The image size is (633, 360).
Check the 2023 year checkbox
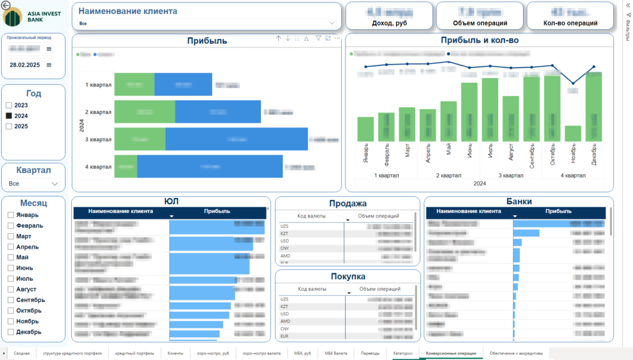click(9, 105)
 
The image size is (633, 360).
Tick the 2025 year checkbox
click(9, 126)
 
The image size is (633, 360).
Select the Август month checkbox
click(11, 289)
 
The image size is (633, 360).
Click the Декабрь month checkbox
click(11, 332)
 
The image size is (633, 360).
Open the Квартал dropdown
click(33, 184)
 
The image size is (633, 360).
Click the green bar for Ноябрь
click(573, 134)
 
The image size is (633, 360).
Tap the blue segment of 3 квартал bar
click(236, 139)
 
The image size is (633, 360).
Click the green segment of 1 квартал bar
click(134, 84)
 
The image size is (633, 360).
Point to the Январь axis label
click(365, 151)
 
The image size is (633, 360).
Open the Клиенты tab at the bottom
click(175, 353)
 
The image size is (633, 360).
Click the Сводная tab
click(22, 353)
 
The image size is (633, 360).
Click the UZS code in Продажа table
click(285, 227)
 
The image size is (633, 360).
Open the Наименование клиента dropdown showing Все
click(207, 23)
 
